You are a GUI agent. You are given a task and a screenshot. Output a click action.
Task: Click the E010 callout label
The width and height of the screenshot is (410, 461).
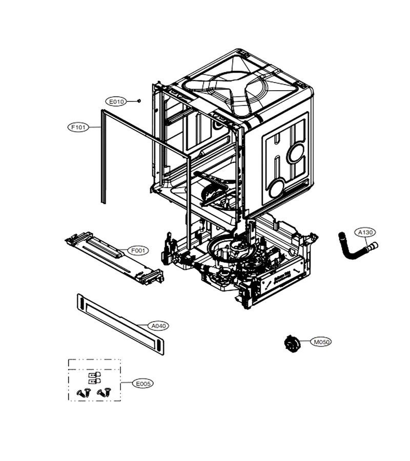click(116, 102)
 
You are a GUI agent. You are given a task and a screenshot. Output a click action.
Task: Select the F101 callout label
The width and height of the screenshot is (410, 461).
click(78, 128)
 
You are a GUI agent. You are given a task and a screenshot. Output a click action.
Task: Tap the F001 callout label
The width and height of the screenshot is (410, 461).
click(138, 250)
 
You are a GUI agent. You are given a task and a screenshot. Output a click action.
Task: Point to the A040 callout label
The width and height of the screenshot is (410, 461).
click(158, 326)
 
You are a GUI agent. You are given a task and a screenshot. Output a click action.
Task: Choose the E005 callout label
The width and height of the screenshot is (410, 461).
click(143, 384)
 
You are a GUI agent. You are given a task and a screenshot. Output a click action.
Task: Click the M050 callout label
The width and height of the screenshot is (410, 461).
click(321, 342)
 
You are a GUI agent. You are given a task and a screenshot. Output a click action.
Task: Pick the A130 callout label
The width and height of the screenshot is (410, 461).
click(365, 232)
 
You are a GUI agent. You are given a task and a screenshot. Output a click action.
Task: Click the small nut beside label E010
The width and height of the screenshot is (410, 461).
click(139, 101)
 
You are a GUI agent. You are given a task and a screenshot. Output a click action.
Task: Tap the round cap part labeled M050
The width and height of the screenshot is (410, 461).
click(292, 343)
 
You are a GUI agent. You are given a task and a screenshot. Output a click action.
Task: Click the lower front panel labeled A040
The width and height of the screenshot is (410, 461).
click(120, 324)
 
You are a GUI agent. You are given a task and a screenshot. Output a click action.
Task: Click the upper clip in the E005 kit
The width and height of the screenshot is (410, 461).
click(94, 374)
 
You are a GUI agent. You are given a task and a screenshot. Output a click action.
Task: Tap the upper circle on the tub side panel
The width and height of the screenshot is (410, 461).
click(296, 154)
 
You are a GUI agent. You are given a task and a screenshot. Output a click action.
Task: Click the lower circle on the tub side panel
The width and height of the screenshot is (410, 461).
click(276, 188)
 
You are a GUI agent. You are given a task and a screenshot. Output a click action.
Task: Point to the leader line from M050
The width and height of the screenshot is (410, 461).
click(305, 341)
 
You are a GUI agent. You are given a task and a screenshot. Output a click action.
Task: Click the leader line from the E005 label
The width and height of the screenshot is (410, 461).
click(127, 383)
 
